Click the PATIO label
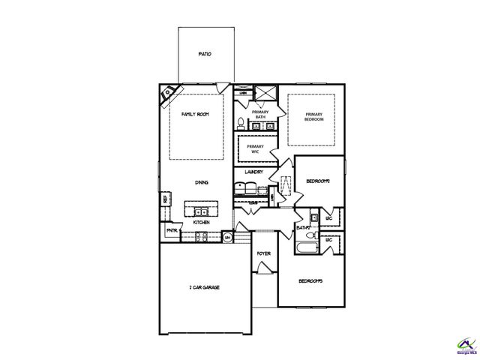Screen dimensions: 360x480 click(x=204, y=55)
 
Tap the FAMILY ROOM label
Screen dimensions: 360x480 click(x=195, y=113)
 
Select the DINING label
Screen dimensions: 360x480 click(x=201, y=181)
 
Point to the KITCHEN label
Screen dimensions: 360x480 click(x=201, y=222)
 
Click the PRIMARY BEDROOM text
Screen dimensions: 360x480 click(x=314, y=117)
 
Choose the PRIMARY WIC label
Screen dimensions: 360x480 click(x=256, y=148)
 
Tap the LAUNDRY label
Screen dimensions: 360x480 click(x=253, y=172)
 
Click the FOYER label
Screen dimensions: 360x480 click(x=263, y=253)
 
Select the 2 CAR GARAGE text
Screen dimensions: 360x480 click(x=204, y=287)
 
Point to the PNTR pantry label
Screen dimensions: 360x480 click(x=171, y=230)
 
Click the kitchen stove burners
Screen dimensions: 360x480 click(x=201, y=236)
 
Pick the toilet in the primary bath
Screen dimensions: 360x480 click(x=239, y=122)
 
